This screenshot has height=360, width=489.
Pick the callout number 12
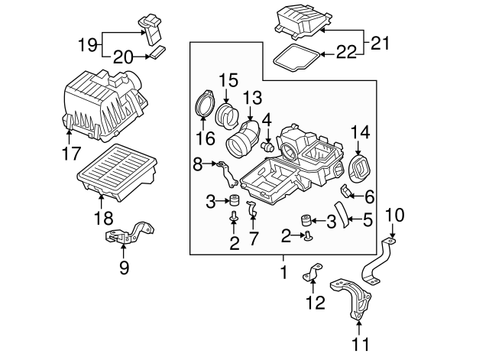click(x=312, y=303)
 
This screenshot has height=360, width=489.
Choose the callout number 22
click(x=347, y=54)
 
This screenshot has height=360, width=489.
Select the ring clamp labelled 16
click(x=204, y=105)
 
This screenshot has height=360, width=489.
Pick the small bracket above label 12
click(x=313, y=273)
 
